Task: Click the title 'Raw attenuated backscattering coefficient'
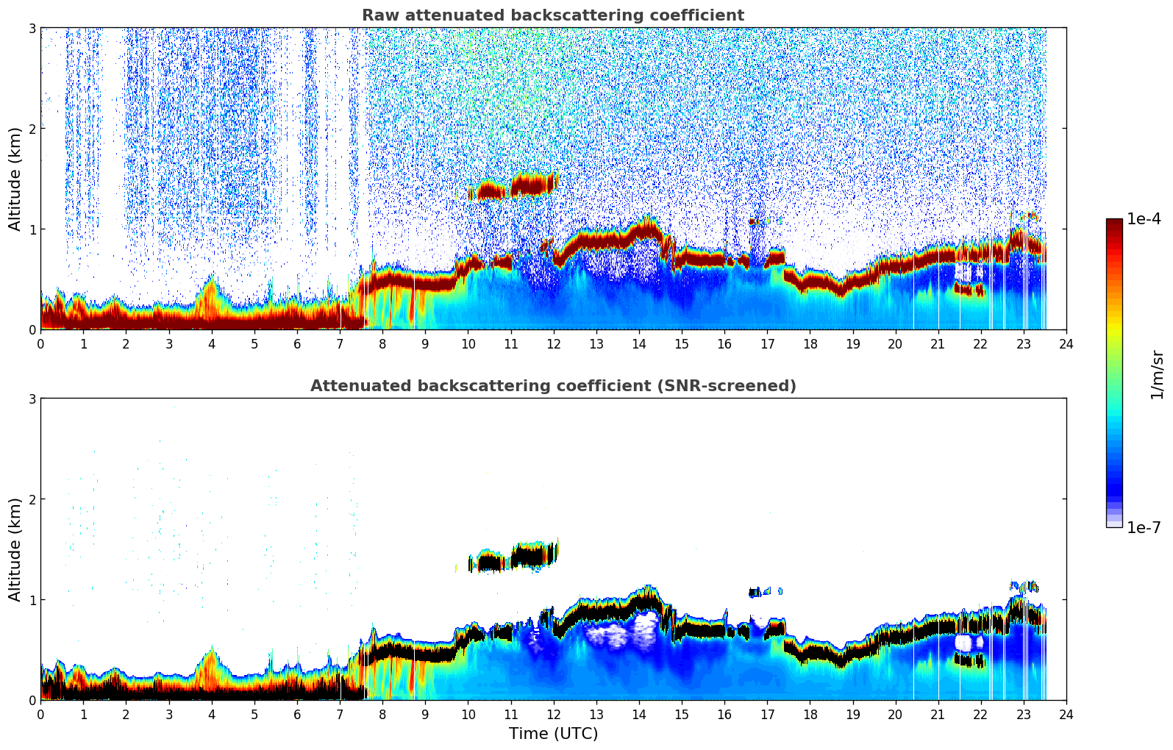click(552, 15)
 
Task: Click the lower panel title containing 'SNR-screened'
click(552, 386)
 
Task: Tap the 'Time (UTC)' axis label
click(553, 734)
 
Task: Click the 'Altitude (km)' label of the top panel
click(15, 179)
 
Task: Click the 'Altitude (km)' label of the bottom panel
click(15, 549)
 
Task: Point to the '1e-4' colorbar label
click(1144, 219)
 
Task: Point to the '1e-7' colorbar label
click(1144, 528)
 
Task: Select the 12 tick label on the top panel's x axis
click(553, 344)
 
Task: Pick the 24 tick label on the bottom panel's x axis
click(1066, 715)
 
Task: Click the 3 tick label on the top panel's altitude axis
click(32, 28)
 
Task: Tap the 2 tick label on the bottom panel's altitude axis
click(32, 499)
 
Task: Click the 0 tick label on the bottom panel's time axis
click(40, 715)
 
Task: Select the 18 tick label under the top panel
click(810, 344)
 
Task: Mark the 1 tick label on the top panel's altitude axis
click(32, 229)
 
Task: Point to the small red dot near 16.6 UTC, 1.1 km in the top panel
click(752, 221)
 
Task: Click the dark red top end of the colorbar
click(1113, 223)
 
